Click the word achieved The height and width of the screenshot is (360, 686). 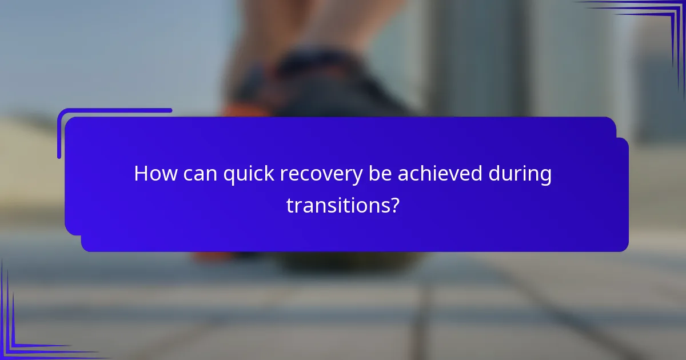click(440, 174)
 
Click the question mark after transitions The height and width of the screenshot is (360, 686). click(393, 205)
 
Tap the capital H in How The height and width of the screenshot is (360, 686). click(140, 174)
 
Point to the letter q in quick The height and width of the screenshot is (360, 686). click(229, 177)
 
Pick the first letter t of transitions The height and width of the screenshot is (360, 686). click(290, 205)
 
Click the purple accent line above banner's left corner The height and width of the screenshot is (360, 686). click(114, 111)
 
